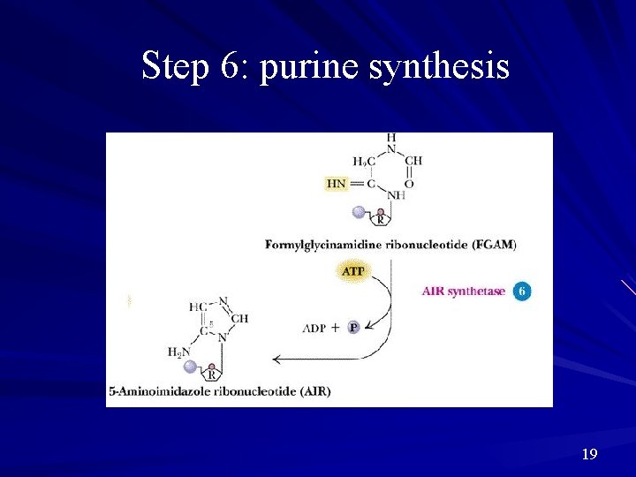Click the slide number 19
pos(590,454)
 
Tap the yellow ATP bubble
pos(352,271)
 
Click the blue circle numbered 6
pos(522,291)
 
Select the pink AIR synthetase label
pos(464,291)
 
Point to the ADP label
pos(314,328)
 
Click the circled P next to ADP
pos(353,328)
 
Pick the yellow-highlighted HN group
pos(337,184)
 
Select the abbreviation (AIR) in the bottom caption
pos(313,390)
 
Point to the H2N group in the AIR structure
pos(179,352)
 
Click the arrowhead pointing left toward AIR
pos(276,359)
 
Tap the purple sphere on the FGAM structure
pos(358,212)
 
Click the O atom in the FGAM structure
pos(409,184)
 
